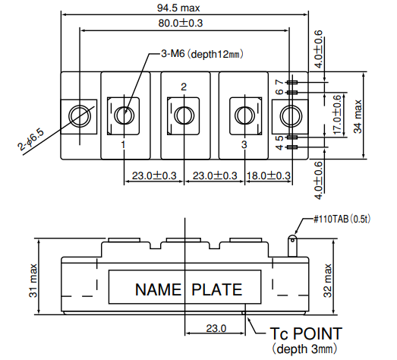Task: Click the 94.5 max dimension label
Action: click(x=178, y=8)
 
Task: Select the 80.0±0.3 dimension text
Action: click(x=181, y=23)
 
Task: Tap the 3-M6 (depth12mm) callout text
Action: click(x=202, y=54)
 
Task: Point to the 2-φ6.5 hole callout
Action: click(x=30, y=140)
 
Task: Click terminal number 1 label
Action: click(x=123, y=145)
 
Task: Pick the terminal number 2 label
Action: click(x=184, y=87)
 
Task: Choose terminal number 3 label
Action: click(x=244, y=144)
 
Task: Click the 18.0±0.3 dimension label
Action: click(x=269, y=175)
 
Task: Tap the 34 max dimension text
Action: click(x=358, y=116)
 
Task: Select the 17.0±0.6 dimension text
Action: click(x=337, y=115)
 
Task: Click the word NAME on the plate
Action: click(x=158, y=289)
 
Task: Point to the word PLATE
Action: click(x=216, y=289)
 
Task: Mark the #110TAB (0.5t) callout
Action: click(x=342, y=219)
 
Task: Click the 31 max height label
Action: click(x=33, y=280)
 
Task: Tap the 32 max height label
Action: click(x=328, y=280)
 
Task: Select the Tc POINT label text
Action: click(x=306, y=333)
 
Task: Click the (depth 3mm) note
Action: click(x=304, y=349)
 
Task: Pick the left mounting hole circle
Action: click(x=80, y=116)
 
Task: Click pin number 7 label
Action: click(x=279, y=82)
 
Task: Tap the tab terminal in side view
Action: click(x=292, y=246)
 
